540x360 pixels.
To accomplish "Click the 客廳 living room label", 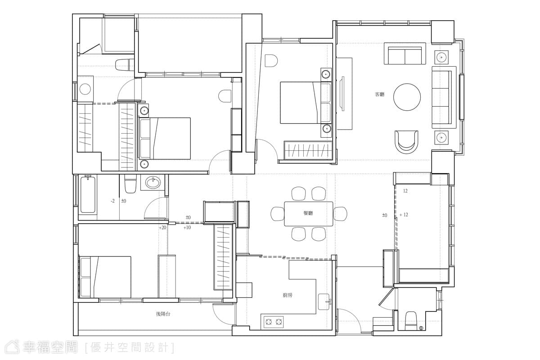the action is click(x=379, y=94).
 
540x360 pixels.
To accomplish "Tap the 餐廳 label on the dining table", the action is click(x=308, y=213).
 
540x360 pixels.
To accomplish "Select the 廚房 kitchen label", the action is click(x=288, y=295).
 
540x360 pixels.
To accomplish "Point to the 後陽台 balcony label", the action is click(x=163, y=314).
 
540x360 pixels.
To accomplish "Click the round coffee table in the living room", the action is click(x=407, y=97).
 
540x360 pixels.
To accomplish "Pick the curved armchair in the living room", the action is click(x=406, y=142).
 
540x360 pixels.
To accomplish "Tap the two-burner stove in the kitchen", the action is click(x=274, y=322).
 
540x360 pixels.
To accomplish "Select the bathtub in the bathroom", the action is click(x=87, y=194).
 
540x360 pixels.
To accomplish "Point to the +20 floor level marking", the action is click(x=162, y=228).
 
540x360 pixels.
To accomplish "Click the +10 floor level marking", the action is click(x=187, y=227).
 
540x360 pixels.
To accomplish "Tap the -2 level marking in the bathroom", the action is click(x=112, y=201).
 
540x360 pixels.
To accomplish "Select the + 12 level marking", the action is click(x=404, y=215).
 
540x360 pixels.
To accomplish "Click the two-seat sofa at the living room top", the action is click(x=405, y=54).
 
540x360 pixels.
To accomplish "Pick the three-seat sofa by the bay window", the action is click(x=444, y=97).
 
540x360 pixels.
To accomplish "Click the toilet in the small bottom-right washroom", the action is click(x=411, y=321).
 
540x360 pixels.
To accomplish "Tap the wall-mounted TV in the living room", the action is click(x=342, y=93).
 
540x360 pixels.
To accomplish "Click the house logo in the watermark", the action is click(x=13, y=347).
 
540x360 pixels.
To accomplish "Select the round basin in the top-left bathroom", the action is click(x=85, y=89).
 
